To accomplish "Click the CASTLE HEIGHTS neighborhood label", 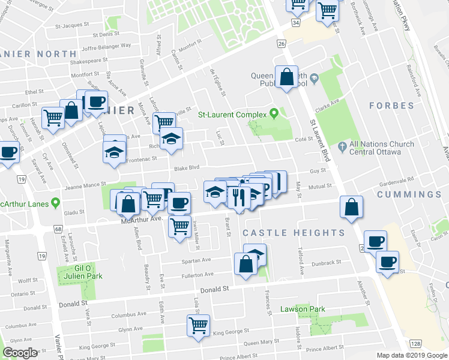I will [x=294, y=232].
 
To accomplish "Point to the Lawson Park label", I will [x=302, y=310].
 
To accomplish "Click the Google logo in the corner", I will [x=20, y=353].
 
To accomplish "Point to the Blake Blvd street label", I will [x=186, y=169].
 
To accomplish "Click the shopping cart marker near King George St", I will [x=198, y=326].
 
